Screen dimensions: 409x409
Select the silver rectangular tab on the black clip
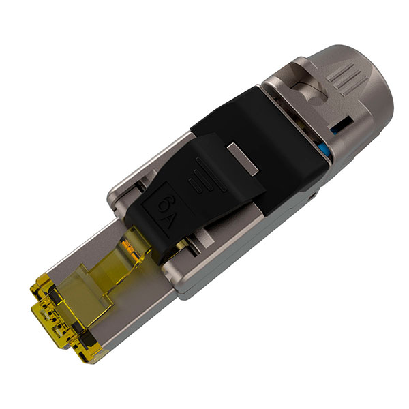click(x=243, y=158)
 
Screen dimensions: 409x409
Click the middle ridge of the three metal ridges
click(x=342, y=79)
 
